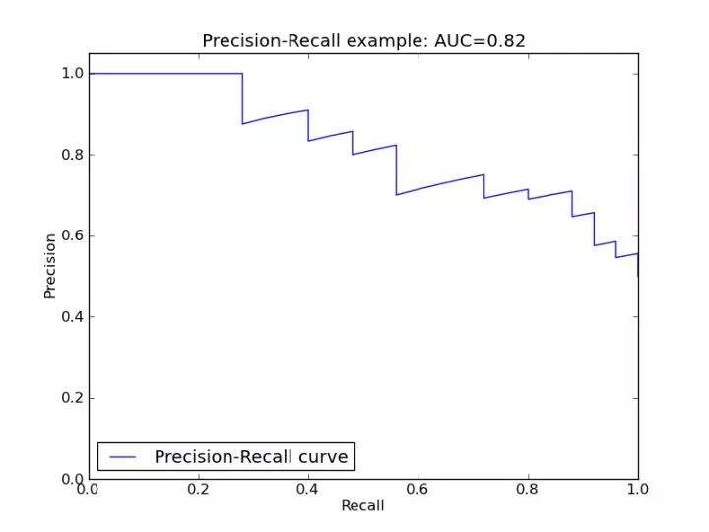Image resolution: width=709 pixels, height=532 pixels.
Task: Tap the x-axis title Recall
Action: point(362,506)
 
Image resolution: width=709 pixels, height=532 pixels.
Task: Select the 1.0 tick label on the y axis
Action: point(72,73)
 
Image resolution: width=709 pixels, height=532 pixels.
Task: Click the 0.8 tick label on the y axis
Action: point(72,155)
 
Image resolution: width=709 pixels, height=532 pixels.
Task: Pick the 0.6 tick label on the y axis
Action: point(72,235)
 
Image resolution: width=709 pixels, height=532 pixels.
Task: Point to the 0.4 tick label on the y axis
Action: point(72,316)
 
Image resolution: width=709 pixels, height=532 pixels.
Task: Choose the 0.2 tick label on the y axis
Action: point(72,398)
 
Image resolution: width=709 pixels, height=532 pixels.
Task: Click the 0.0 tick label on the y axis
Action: point(72,479)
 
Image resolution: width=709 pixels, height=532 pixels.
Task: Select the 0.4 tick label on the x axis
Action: point(307,490)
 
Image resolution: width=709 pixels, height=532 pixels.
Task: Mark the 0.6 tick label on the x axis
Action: point(418,490)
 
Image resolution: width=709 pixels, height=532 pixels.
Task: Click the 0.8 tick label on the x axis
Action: point(528,490)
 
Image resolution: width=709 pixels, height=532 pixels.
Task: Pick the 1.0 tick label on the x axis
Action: point(638,490)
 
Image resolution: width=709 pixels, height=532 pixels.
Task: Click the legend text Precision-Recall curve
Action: point(251,457)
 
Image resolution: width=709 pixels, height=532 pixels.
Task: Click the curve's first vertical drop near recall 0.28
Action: point(242,99)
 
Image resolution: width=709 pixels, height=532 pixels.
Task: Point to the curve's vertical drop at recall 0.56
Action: point(396,169)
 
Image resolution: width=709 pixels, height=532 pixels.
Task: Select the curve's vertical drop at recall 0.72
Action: point(484,186)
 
